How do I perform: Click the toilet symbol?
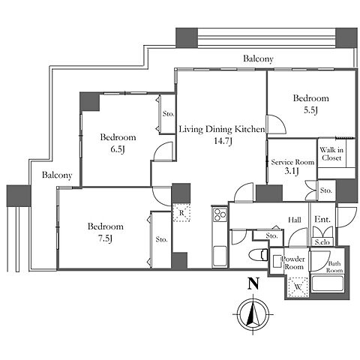(259, 255)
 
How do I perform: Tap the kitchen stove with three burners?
(220, 214)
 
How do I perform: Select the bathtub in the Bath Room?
(328, 283)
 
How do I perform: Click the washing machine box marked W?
(298, 287)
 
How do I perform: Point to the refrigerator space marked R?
(181, 212)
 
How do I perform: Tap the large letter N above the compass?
(253, 283)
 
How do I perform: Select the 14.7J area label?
(223, 141)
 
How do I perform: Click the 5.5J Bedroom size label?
(310, 110)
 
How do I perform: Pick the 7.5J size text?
(105, 238)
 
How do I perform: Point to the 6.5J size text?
(118, 149)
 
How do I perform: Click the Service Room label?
(292, 162)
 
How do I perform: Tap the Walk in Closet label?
(331, 154)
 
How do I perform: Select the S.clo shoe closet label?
(324, 242)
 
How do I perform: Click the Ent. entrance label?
(322, 220)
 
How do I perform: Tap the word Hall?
(295, 220)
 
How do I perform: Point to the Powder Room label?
(293, 262)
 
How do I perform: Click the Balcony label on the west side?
(57, 175)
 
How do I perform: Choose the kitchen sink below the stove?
(220, 256)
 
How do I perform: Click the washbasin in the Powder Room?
(277, 261)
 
